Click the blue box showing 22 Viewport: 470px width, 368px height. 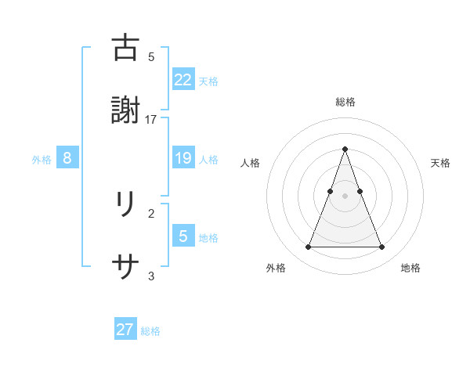tap(183, 80)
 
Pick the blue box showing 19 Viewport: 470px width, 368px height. tap(183, 159)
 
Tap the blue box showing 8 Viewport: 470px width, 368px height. tap(67, 159)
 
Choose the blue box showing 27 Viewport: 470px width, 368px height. tap(125, 330)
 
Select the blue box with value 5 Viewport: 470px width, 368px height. tap(183, 237)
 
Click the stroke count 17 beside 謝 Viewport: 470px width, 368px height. tap(151, 119)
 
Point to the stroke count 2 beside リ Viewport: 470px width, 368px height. tap(151, 212)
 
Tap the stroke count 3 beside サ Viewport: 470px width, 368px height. tap(151, 276)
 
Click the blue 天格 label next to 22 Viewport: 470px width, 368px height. tap(208, 81)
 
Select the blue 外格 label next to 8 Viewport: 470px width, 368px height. tap(42, 160)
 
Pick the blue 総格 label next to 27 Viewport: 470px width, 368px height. tap(150, 330)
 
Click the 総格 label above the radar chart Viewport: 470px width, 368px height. tap(345, 102)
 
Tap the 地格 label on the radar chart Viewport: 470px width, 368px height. tap(410, 268)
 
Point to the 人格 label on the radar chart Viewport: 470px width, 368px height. tap(251, 163)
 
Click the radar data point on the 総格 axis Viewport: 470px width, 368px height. tap(345, 149)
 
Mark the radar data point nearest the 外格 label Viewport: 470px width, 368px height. tap(308, 247)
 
